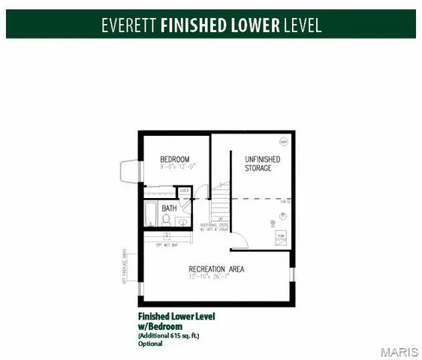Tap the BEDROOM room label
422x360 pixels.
[174, 159]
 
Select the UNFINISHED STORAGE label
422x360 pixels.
[263, 163]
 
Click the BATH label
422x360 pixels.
[170, 208]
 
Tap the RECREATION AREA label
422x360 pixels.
[216, 268]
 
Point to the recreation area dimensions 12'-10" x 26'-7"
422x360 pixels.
[216, 277]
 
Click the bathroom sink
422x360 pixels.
[182, 222]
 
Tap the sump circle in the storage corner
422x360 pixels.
[284, 141]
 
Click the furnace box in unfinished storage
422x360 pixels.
[280, 237]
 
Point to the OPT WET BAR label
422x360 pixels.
[167, 244]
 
